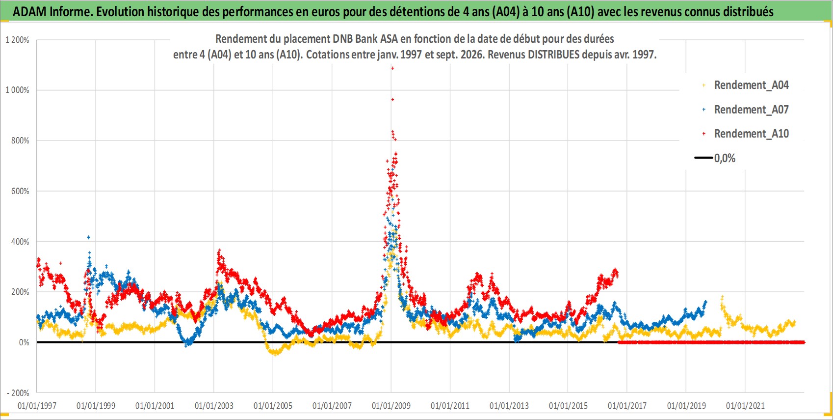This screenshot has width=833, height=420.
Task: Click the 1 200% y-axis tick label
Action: pyautogui.click(x=17, y=40)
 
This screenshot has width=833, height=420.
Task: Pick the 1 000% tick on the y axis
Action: pyautogui.click(x=17, y=90)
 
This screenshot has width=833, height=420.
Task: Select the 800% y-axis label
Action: pyautogui.click(x=20, y=141)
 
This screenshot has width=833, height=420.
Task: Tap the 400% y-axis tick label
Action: pyautogui.click(x=20, y=242)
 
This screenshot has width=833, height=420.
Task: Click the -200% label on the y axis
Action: pyautogui.click(x=18, y=393)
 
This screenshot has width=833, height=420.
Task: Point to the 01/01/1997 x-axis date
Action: pyautogui.click(x=37, y=406)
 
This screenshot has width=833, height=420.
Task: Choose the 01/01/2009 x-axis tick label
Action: pyautogui.click(x=391, y=406)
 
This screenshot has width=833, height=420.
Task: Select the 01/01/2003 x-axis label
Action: pyautogui.click(x=214, y=406)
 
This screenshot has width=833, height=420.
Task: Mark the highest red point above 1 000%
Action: pyautogui.click(x=392, y=68)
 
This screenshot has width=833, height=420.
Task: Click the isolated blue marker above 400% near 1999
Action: pyautogui.click(x=88, y=237)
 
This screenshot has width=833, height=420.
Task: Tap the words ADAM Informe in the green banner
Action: pyautogui.click(x=52, y=12)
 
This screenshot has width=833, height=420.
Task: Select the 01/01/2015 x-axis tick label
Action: pyautogui.click(x=568, y=406)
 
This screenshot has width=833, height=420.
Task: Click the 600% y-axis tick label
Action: pyautogui.click(x=20, y=192)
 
